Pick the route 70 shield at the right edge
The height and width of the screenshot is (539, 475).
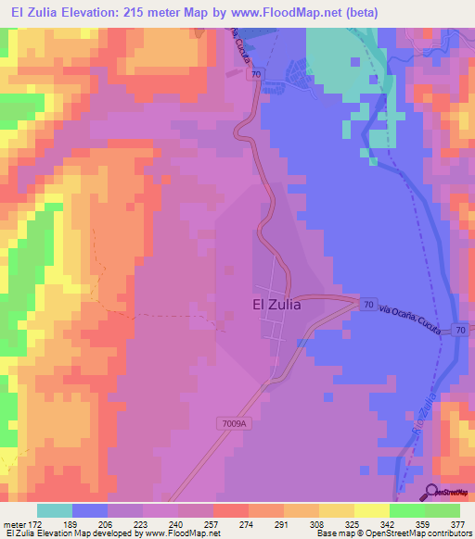[x=459, y=330]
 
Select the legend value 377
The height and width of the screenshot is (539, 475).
[x=456, y=525]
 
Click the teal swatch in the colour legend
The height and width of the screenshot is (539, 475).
[x=55, y=510]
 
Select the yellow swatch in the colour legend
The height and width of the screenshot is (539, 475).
[x=371, y=510]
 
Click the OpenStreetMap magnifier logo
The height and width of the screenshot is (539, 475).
[x=433, y=492]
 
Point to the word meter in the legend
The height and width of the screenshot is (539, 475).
[x=16, y=525]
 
